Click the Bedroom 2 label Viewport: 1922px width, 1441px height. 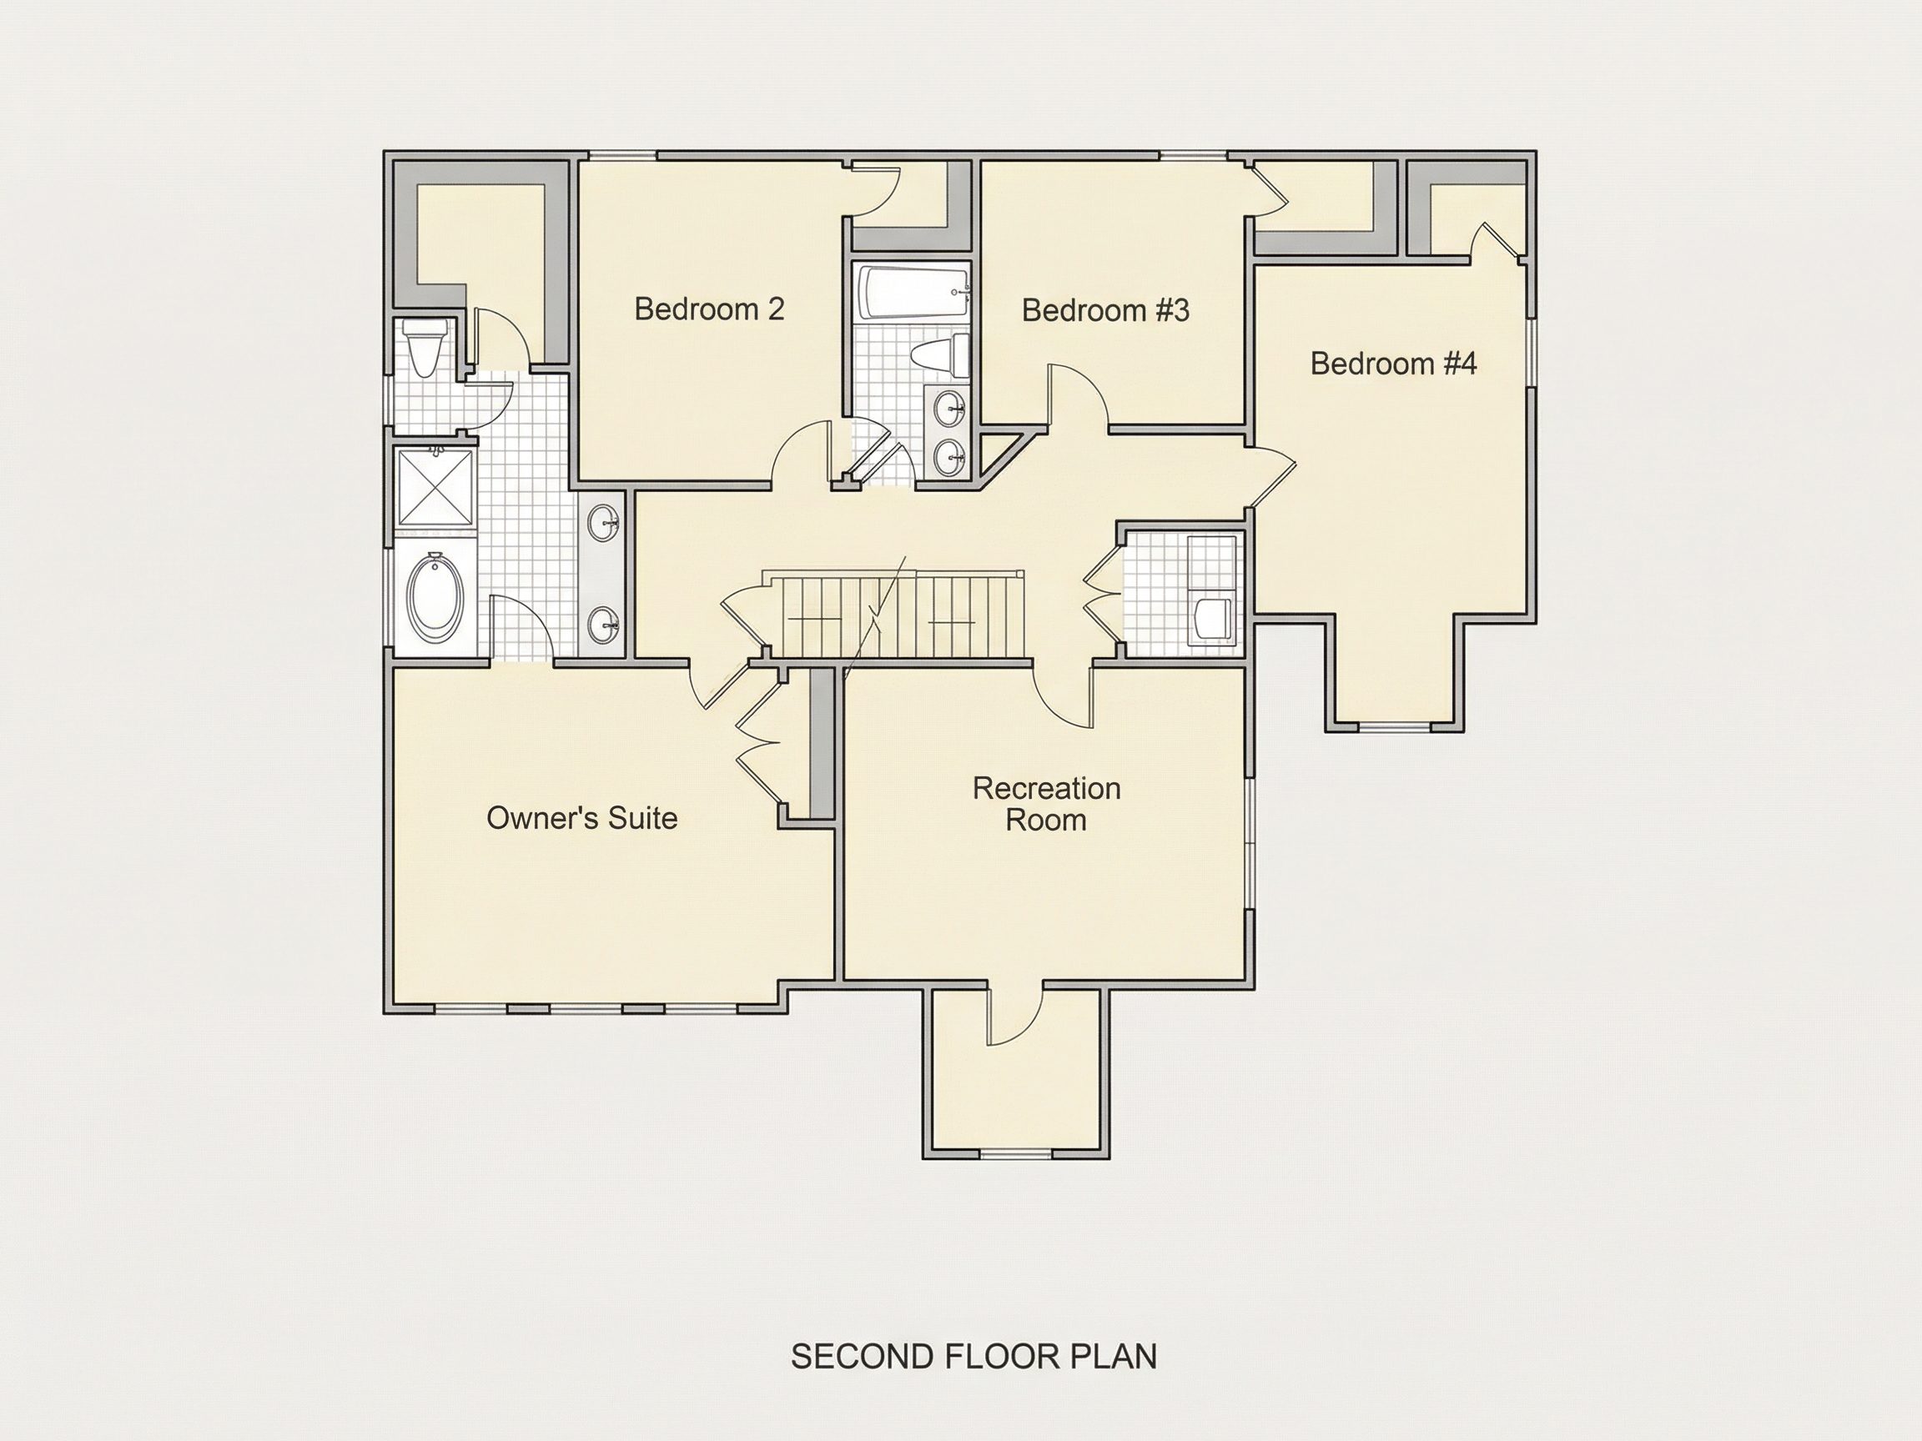[709, 309]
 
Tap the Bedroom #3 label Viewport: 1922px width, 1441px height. [1105, 310]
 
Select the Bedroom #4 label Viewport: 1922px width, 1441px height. [1394, 363]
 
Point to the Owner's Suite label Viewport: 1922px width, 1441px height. [581, 817]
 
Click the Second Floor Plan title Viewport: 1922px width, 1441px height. [974, 1356]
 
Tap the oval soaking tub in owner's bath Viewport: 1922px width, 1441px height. [435, 598]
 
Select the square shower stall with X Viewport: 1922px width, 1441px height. [436, 487]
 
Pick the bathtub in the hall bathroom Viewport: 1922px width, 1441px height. [913, 294]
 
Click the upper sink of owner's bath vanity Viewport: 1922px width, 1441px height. [604, 523]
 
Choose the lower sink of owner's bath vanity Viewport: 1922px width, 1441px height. [604, 623]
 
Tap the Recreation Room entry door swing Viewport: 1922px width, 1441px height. [1064, 695]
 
